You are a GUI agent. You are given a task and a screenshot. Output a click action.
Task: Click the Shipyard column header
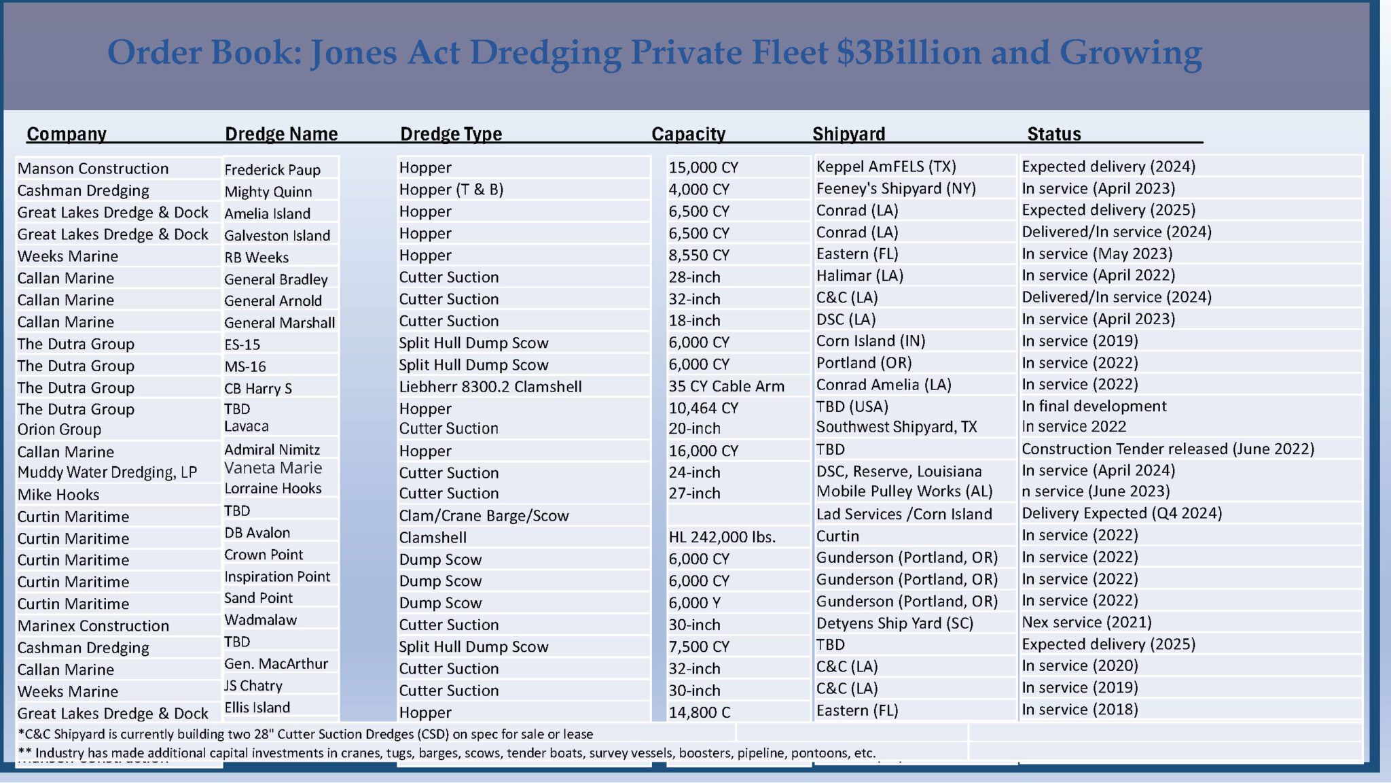(x=848, y=134)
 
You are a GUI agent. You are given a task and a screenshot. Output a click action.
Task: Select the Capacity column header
(x=688, y=134)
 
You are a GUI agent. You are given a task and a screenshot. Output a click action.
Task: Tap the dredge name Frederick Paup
(x=272, y=169)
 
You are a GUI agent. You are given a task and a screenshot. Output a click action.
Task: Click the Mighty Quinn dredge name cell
(x=268, y=192)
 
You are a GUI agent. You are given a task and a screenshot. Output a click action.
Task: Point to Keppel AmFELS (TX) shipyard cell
(x=886, y=167)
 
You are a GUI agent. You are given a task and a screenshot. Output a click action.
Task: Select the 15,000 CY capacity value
(x=703, y=167)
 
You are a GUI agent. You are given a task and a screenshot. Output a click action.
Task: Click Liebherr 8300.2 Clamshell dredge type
(x=490, y=387)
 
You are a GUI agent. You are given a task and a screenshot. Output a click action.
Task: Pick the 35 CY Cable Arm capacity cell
(x=726, y=386)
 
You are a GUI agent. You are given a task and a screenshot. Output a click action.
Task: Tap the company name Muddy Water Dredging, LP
(x=107, y=472)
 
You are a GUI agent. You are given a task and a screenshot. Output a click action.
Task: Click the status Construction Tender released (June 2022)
(x=1168, y=449)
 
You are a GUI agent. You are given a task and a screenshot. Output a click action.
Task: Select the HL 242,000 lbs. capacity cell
(x=722, y=537)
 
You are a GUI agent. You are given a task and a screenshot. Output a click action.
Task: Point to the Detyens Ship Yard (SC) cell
(x=895, y=623)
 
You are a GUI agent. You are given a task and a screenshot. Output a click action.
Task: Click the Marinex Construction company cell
(x=93, y=626)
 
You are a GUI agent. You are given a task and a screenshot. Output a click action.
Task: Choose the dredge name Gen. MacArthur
(x=276, y=663)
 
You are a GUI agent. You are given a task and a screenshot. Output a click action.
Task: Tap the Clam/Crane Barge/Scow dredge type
(x=484, y=515)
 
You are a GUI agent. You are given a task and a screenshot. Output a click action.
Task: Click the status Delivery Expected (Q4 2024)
(x=1121, y=513)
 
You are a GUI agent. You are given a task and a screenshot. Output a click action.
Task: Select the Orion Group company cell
(x=59, y=430)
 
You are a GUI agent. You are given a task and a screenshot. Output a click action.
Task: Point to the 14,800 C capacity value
(x=700, y=712)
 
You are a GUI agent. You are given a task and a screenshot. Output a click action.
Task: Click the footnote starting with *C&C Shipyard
(x=305, y=734)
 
